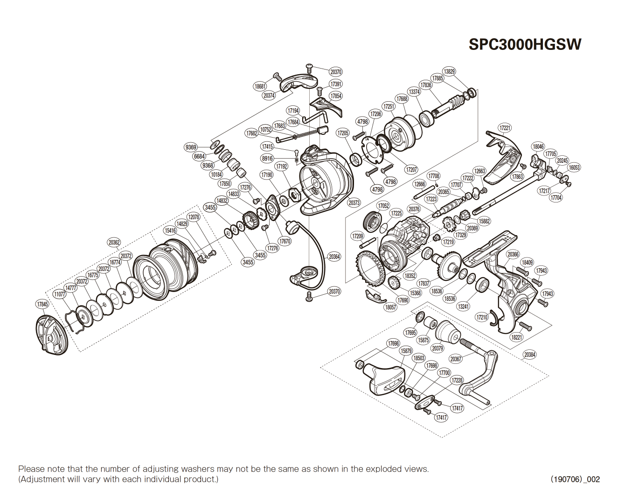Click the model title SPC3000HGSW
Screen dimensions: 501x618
[x=525, y=44]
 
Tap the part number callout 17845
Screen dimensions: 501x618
[x=42, y=304]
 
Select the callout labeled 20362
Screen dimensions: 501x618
[x=114, y=242]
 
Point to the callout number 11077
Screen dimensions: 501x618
[x=60, y=294]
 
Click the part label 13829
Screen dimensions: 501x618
[x=449, y=71]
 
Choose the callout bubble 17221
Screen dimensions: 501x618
[x=505, y=128]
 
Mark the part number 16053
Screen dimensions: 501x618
[x=574, y=167]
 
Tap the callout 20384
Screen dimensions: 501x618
[x=530, y=355]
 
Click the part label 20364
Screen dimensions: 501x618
[x=334, y=257]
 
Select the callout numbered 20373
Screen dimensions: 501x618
[x=354, y=202]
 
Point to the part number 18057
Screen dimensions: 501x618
[x=390, y=307]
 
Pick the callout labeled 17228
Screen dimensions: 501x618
[x=457, y=380]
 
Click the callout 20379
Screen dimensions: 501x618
[x=437, y=348]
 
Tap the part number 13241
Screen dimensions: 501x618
[x=464, y=306]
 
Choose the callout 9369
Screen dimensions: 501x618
[x=191, y=147]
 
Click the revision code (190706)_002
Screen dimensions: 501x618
[x=575, y=479]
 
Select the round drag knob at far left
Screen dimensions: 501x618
[x=51, y=334]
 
